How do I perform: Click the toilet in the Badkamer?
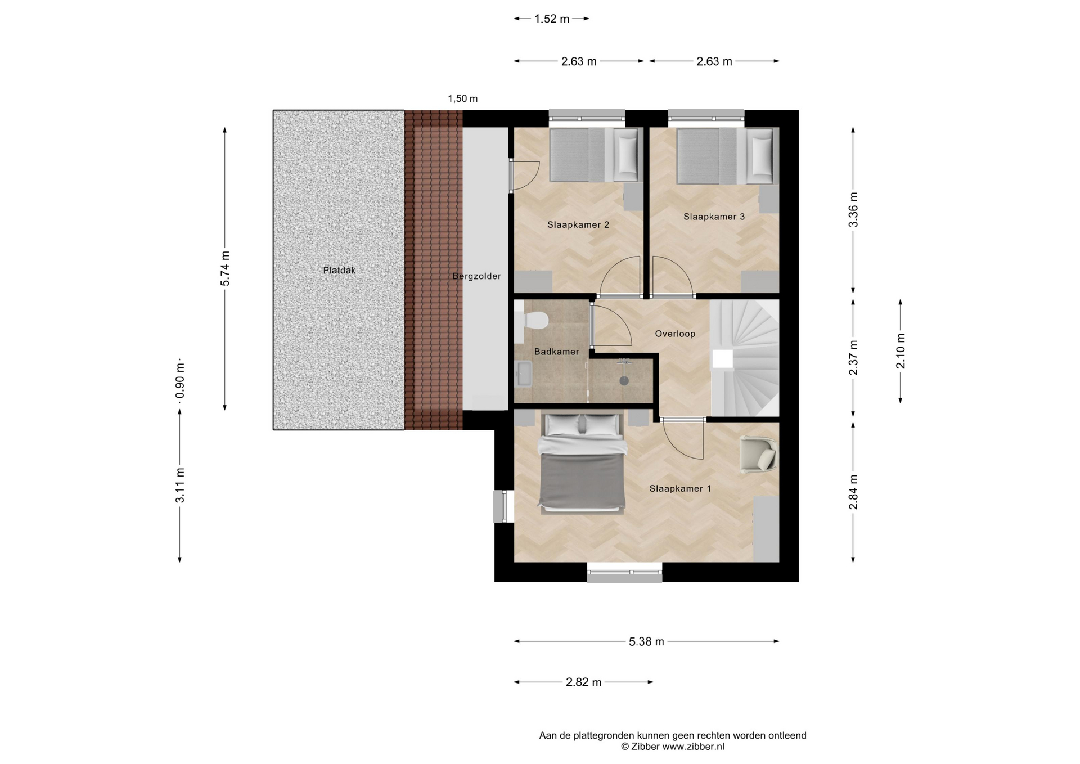tap(532, 321)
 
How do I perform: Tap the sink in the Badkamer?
tap(524, 374)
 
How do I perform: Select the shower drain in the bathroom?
tap(624, 381)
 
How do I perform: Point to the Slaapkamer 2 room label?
tap(578, 224)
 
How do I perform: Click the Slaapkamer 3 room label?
tap(714, 217)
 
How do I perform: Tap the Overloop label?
tap(675, 334)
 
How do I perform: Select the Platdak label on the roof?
tap(339, 270)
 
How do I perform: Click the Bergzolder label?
tap(476, 276)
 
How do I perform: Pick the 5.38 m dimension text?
tap(646, 641)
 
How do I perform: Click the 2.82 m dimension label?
tap(583, 682)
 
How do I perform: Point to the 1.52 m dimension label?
tap(552, 19)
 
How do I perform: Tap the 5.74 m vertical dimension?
tap(225, 268)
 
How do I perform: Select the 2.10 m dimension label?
tap(901, 351)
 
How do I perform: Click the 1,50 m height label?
tap(462, 98)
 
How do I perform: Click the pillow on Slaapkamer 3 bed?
tap(762, 156)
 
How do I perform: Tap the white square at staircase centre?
tap(723, 359)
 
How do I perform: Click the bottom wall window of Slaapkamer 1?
tap(624, 573)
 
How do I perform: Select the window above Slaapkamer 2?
tap(587, 116)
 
